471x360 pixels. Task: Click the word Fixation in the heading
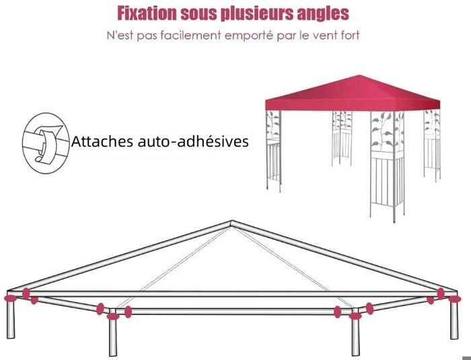point(147,13)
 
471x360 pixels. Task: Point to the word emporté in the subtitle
point(249,36)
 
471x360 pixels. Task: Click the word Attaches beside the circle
point(102,141)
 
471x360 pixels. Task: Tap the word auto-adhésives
point(193,141)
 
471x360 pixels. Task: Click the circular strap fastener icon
point(46,143)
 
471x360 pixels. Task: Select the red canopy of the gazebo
point(353,93)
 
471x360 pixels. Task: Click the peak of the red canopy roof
point(359,75)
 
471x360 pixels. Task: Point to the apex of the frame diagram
point(231,221)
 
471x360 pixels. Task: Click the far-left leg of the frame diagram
point(11,319)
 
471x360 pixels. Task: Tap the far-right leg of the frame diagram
point(454,320)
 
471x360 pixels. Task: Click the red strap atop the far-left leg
point(11,298)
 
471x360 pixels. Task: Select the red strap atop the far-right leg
point(454,299)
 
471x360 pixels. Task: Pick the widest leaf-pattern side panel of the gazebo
point(387,166)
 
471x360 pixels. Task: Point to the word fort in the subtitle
point(351,35)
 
